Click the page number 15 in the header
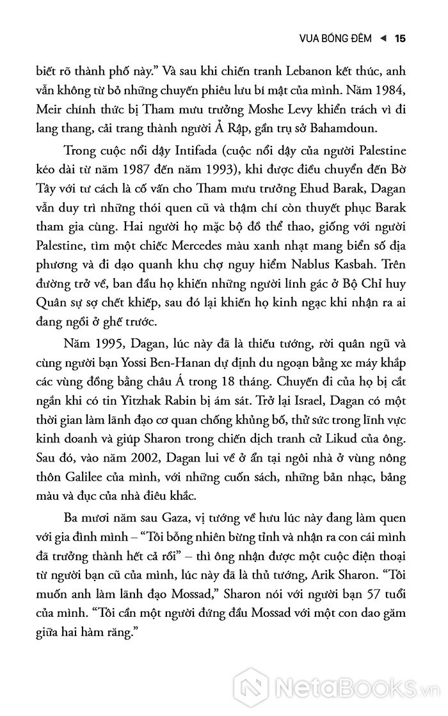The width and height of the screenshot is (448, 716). [401, 38]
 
